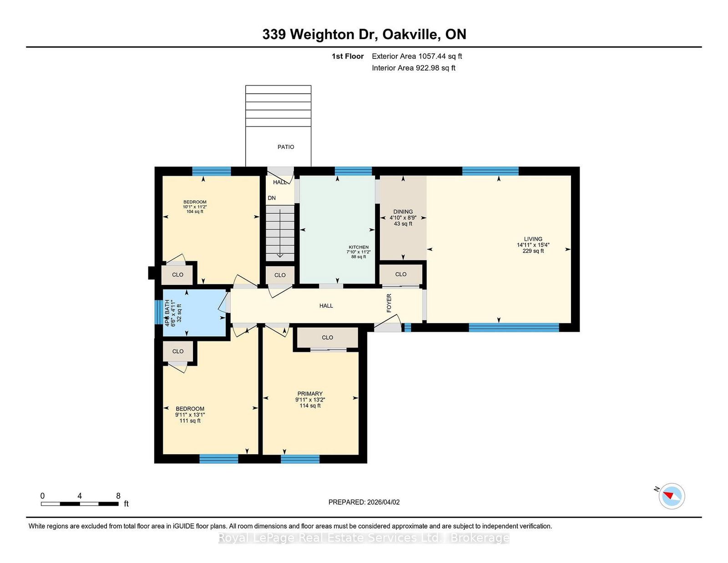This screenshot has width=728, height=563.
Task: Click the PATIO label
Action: [286, 147]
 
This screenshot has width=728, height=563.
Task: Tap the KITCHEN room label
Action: [359, 247]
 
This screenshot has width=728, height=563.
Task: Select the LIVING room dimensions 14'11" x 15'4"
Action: [533, 245]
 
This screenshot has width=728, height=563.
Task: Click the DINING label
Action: [403, 212]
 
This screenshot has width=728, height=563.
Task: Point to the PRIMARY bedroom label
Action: [310, 394]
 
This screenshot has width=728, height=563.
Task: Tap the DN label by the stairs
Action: [272, 198]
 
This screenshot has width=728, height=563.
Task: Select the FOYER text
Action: [389, 303]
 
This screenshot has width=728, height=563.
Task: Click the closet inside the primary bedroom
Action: [327, 338]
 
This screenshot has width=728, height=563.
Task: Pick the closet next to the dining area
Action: [400, 274]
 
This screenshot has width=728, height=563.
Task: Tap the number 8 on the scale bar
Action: [118, 496]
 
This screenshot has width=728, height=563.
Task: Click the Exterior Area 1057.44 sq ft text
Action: [417, 56]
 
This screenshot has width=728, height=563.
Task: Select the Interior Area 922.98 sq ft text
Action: [414, 68]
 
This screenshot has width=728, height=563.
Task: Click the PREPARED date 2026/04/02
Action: [364, 502]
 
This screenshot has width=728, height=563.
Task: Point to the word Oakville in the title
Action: [411, 35]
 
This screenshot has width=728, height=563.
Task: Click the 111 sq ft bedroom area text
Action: [190, 421]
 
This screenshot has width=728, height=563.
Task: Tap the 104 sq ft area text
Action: [195, 212]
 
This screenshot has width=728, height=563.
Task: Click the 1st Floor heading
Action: [348, 56]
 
